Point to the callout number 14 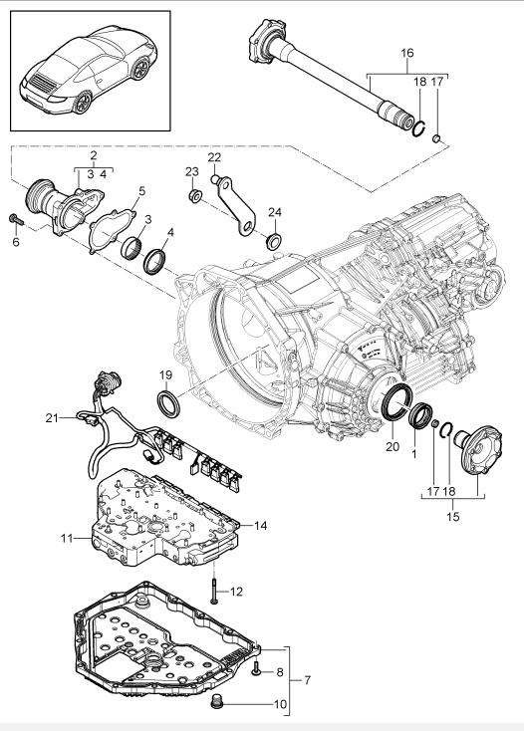[x=262, y=525]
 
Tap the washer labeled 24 [x=273, y=241]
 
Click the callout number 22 [x=214, y=156]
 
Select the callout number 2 [x=92, y=156]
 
